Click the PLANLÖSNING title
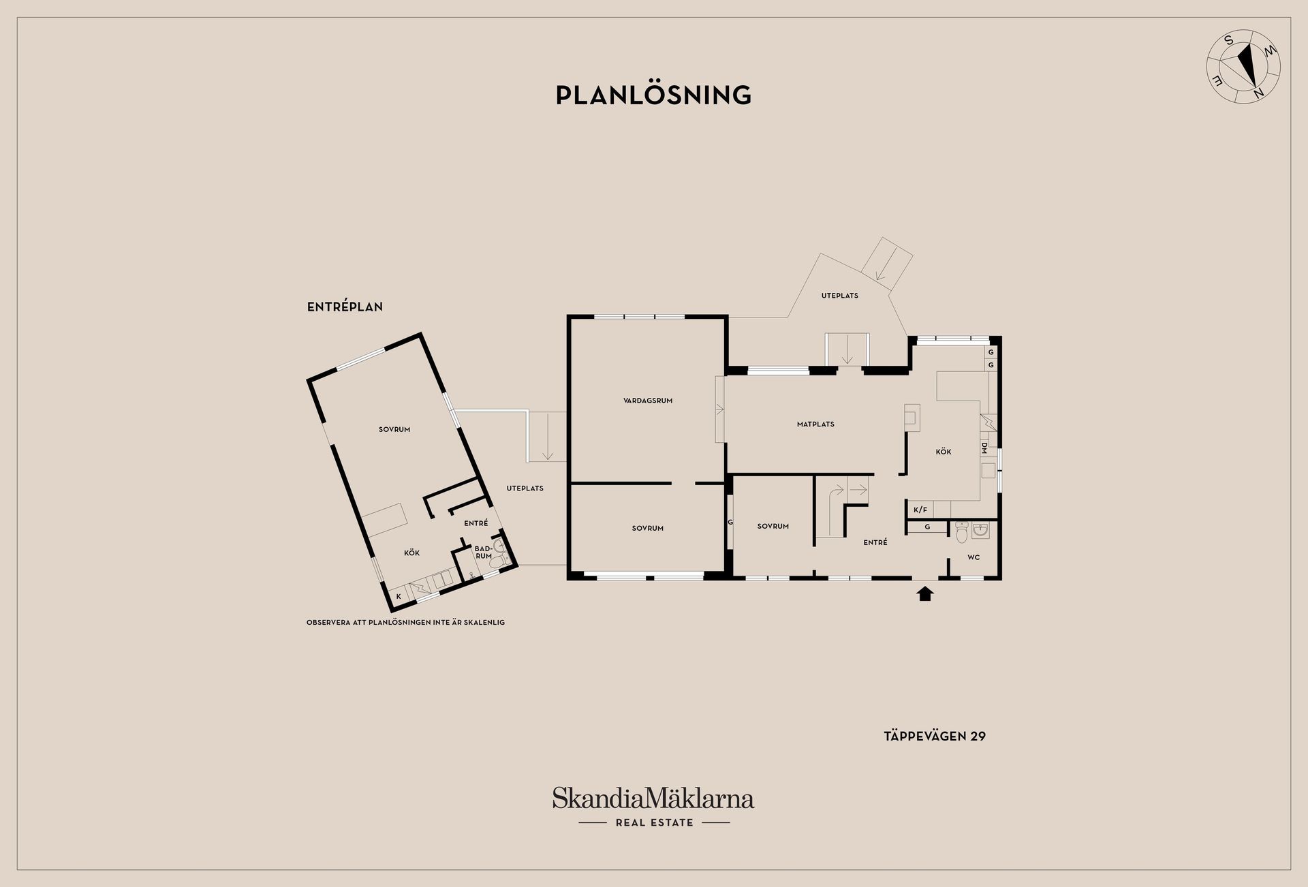click(653, 95)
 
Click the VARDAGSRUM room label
click(648, 401)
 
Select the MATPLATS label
click(815, 424)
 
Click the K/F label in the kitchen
click(920, 510)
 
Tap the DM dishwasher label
click(984, 448)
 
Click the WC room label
click(974, 557)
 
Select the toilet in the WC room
click(962, 531)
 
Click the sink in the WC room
click(981, 530)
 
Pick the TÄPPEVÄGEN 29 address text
click(935, 736)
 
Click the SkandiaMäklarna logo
click(653, 798)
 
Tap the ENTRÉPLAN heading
click(345, 307)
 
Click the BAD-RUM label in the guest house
click(483, 552)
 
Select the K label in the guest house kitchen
click(399, 596)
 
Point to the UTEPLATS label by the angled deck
click(839, 296)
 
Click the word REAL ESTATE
click(655, 822)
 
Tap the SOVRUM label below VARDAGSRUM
click(647, 528)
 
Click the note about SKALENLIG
click(405, 622)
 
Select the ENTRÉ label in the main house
click(875, 542)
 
